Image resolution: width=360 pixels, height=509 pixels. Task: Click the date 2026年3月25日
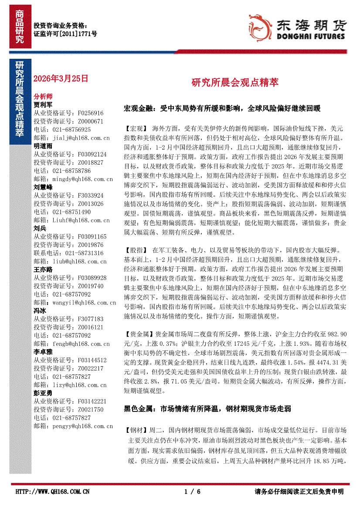click(x=61, y=78)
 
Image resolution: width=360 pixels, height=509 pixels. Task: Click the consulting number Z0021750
click(x=91, y=410)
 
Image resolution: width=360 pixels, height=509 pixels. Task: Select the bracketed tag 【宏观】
click(x=136, y=130)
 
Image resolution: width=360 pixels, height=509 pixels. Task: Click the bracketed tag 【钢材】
click(x=136, y=429)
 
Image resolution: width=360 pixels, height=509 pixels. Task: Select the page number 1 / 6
click(x=192, y=492)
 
